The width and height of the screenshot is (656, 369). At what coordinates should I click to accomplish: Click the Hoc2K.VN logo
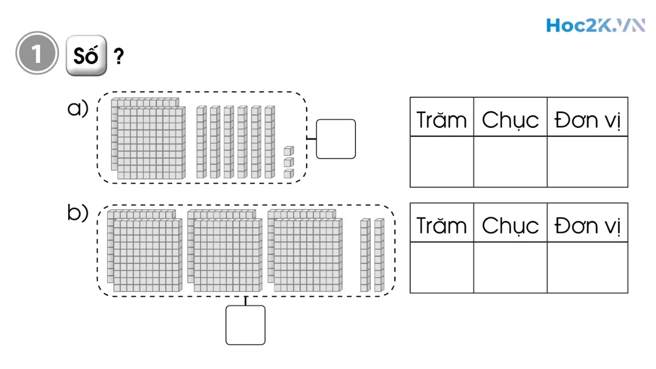click(595, 25)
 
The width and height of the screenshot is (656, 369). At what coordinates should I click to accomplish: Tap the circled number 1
click(37, 53)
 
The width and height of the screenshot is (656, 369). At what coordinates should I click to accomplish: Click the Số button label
click(86, 56)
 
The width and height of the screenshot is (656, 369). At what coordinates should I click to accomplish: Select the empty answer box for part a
click(336, 139)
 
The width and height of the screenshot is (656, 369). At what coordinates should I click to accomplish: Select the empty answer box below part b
click(245, 325)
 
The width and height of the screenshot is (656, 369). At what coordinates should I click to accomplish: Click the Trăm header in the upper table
click(442, 120)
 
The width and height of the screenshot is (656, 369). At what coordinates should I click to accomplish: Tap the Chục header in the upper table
click(510, 120)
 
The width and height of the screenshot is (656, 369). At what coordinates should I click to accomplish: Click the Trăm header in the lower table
click(442, 225)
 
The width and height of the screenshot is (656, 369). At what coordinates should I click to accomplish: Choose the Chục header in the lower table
click(510, 225)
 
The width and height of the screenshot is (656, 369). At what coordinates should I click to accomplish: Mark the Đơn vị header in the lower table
click(588, 226)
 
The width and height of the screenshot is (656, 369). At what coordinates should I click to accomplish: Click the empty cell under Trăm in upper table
click(442, 162)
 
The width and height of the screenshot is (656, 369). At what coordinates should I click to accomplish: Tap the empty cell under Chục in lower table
click(510, 267)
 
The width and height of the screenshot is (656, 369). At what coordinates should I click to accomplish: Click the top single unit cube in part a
click(289, 151)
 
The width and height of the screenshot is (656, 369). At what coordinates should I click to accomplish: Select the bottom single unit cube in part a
click(289, 173)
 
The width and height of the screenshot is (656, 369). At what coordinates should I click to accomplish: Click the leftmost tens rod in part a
click(201, 142)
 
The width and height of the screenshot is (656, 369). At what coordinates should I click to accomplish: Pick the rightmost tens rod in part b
click(379, 255)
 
